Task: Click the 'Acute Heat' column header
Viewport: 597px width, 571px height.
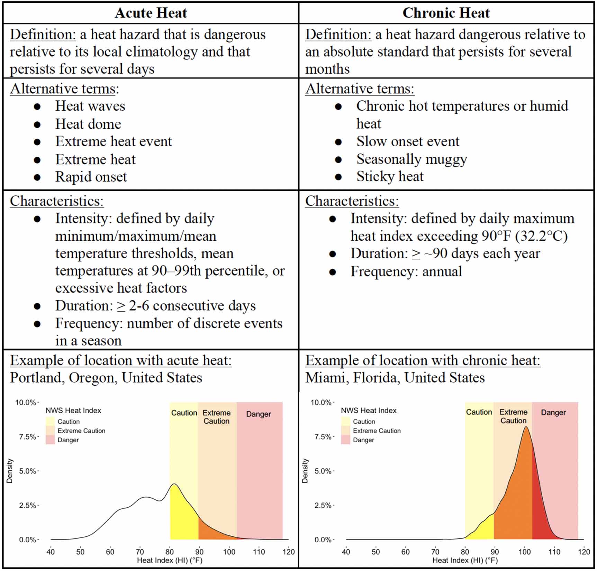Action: [x=151, y=13]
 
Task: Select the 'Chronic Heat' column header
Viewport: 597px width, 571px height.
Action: [x=446, y=13]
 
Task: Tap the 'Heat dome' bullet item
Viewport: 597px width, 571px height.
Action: [x=88, y=124]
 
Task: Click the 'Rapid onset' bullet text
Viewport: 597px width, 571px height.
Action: [x=91, y=177]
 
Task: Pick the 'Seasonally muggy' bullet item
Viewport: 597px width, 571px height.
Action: [x=411, y=159]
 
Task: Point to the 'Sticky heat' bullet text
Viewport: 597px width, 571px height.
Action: [x=390, y=176]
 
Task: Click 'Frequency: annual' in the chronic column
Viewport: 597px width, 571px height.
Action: [x=406, y=271]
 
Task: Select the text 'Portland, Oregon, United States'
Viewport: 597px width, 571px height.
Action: [x=106, y=378]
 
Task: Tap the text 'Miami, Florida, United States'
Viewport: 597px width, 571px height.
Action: [x=395, y=378]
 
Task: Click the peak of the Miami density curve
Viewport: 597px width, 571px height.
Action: [x=526, y=427]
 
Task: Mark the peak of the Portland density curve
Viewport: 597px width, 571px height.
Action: [x=174, y=484]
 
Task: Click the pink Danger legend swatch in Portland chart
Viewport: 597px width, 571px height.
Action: [x=50, y=440]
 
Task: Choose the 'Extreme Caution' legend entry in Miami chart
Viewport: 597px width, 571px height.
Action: [x=377, y=431]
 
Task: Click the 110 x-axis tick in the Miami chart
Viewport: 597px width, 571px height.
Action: [x=554, y=552]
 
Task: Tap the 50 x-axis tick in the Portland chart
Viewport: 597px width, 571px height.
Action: [x=80, y=552]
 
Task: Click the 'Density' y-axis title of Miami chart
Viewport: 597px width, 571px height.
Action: [x=305, y=471]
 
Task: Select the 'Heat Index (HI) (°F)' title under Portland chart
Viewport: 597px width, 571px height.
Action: [x=170, y=560]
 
